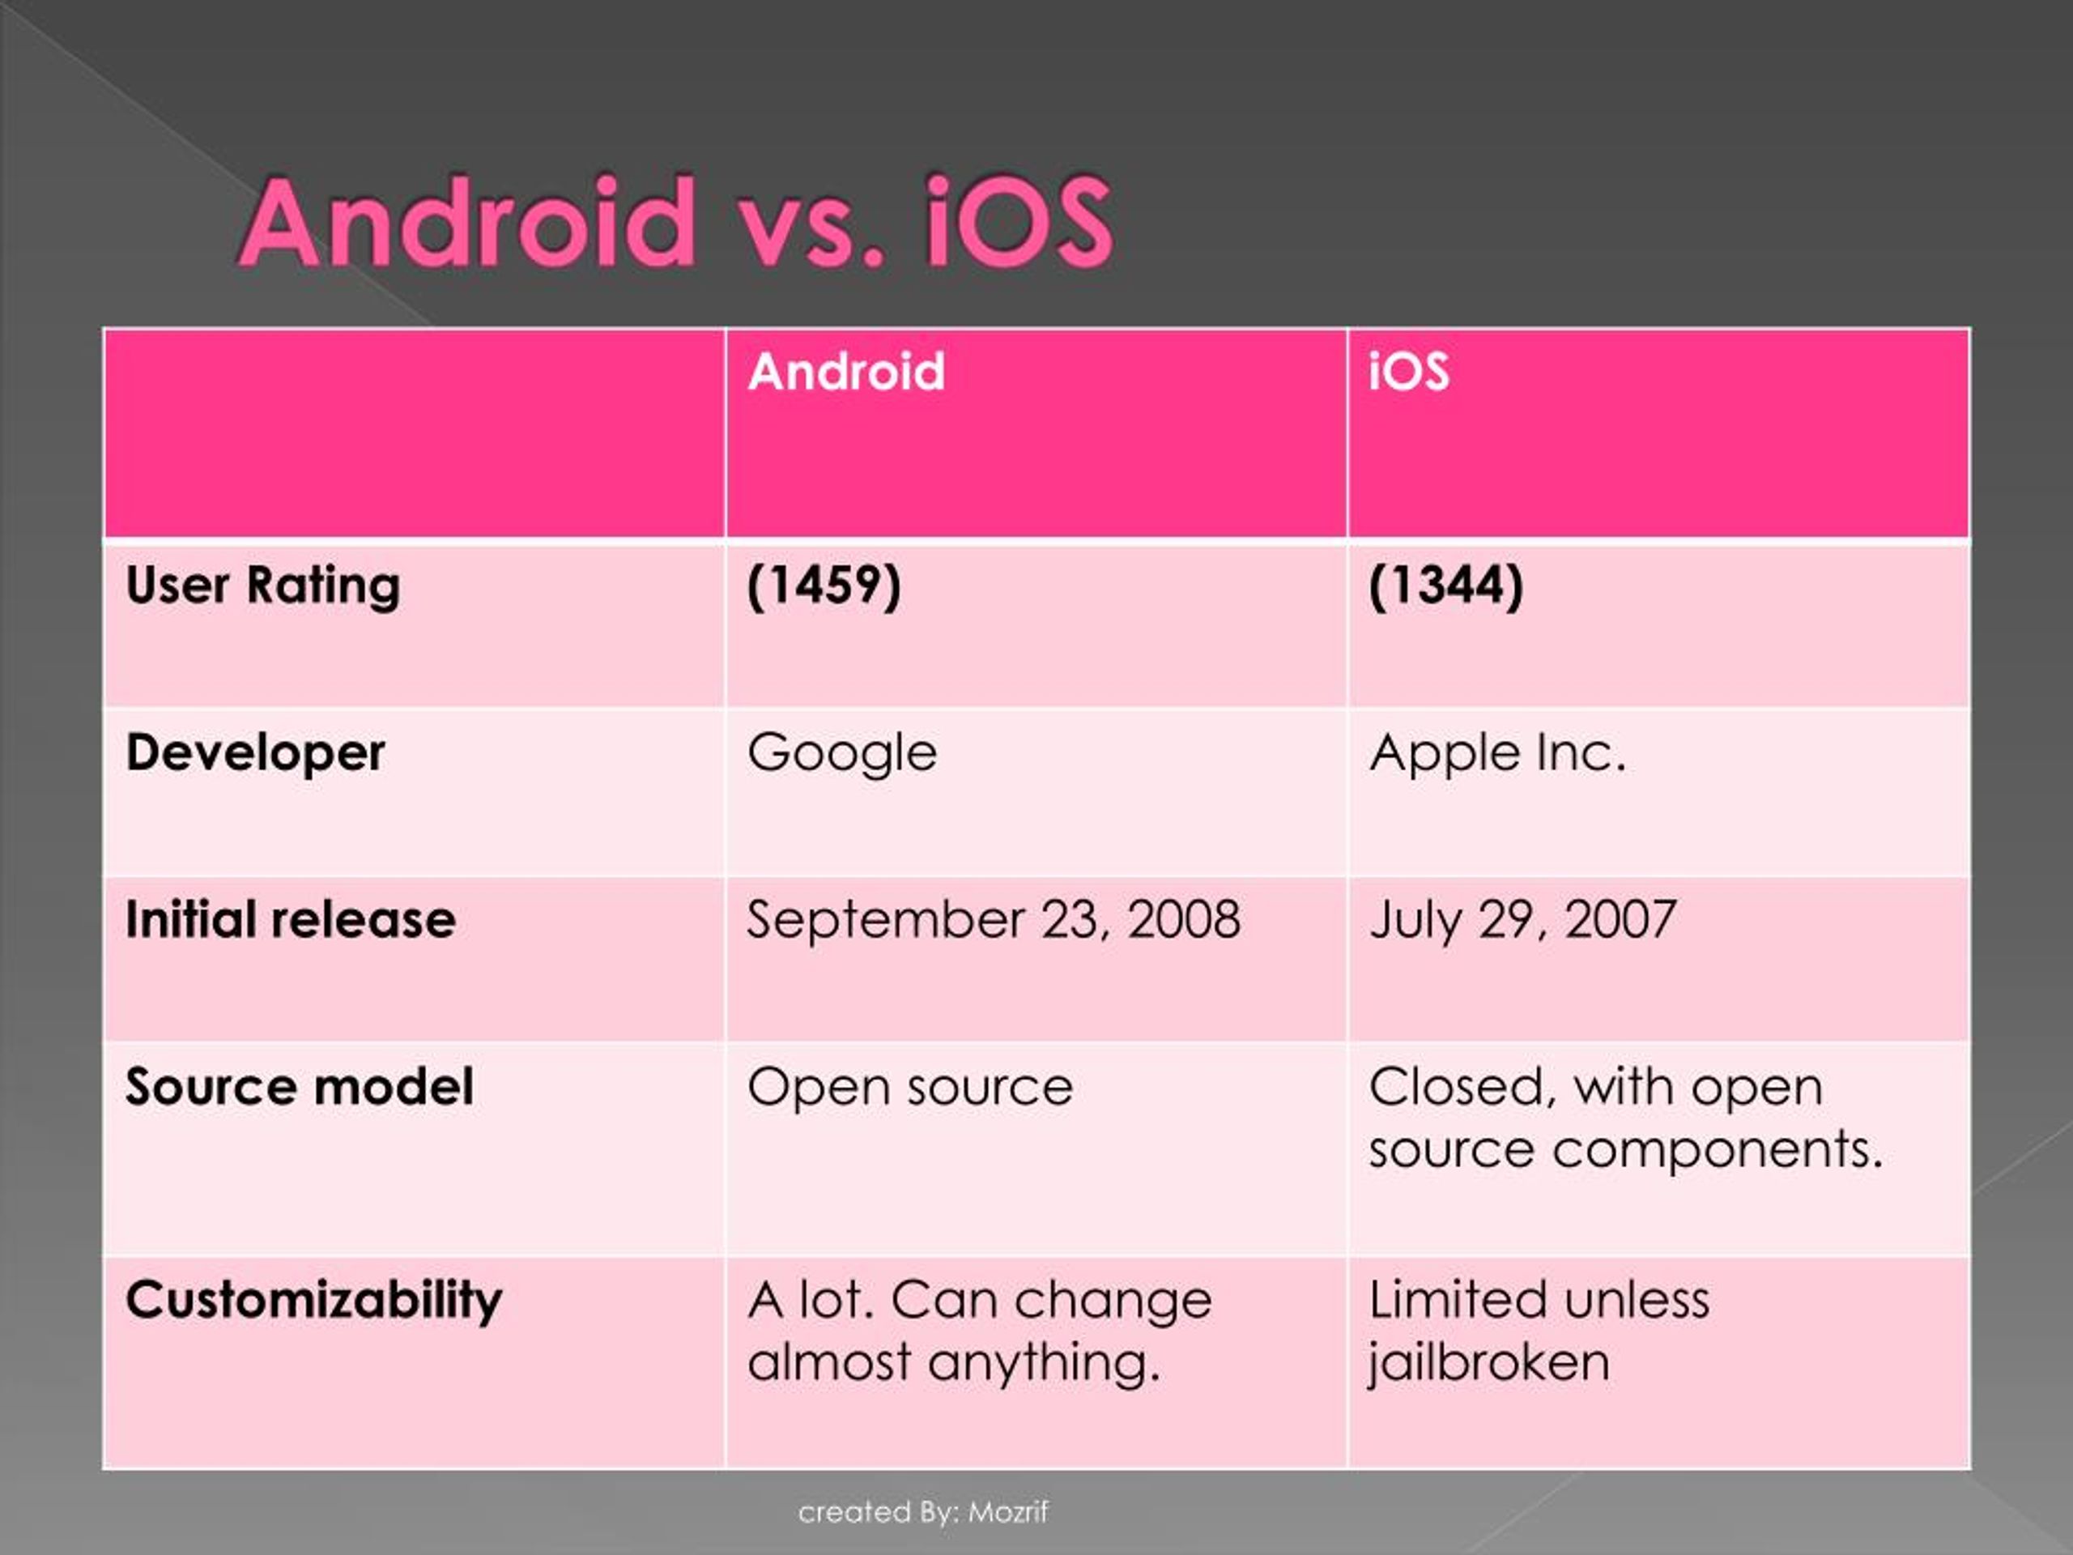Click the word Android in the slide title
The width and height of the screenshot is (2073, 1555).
(469, 223)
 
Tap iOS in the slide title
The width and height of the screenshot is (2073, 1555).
(1018, 223)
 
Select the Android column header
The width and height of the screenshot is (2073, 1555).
(846, 371)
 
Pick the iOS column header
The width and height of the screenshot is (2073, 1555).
(1408, 371)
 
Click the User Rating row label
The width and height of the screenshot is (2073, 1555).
(263, 586)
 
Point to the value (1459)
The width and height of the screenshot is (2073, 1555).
(824, 586)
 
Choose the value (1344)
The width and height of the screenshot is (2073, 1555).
(1446, 586)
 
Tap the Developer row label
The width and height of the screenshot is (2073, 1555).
(255, 752)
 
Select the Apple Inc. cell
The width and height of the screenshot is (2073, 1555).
(1496, 752)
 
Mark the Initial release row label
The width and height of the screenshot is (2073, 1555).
(291, 919)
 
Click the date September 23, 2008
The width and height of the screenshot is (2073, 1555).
(994, 919)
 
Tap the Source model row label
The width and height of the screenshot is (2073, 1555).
(299, 1087)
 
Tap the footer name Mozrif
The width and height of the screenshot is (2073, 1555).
(1007, 1512)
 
